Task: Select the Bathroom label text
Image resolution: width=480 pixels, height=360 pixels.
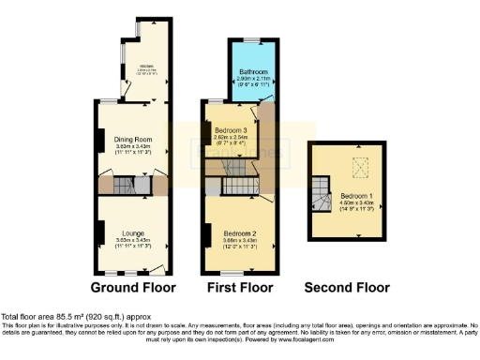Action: (253, 71)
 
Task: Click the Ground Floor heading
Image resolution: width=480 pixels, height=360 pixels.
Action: (132, 288)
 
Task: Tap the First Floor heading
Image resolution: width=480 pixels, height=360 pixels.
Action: (241, 288)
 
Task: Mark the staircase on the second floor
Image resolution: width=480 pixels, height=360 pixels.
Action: (322, 194)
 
